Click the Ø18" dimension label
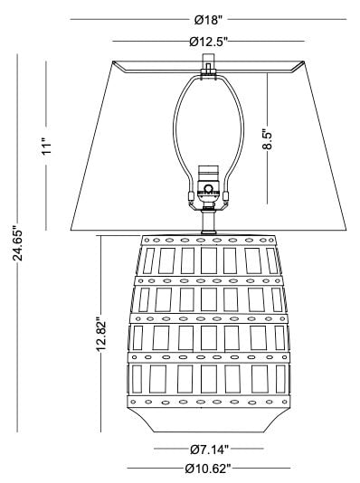208,20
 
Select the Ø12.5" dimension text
208,42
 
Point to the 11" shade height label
46,147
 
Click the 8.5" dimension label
268,140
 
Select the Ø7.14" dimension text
209,450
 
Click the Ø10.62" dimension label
208,469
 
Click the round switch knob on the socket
208,187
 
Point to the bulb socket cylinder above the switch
208,173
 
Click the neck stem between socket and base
208,222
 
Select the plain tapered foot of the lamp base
208,421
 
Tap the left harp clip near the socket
191,196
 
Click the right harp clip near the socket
226,196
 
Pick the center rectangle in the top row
209,260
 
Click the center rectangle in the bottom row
209,379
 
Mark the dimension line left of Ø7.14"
172,449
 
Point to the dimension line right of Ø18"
287,19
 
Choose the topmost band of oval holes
208,241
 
